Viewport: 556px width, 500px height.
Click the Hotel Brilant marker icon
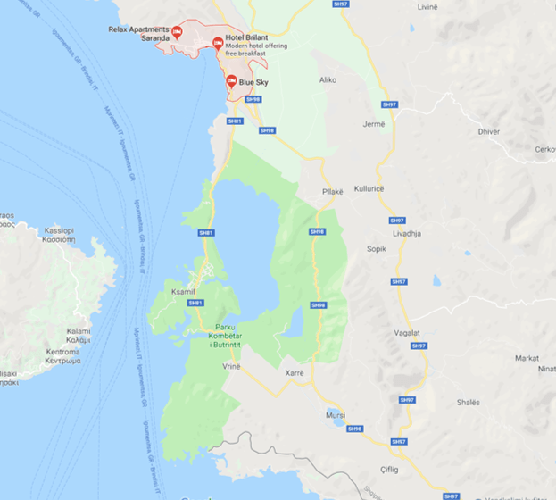[x=218, y=42]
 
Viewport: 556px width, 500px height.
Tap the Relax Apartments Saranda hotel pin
[x=177, y=33]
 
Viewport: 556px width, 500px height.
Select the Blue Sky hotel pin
[x=231, y=82]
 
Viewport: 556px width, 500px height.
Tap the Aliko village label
[x=328, y=79]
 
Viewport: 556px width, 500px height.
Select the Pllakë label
[x=333, y=191]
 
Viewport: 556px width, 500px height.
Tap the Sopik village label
[x=377, y=249]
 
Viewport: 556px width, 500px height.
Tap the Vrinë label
[x=232, y=366]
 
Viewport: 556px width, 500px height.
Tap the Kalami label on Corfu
[x=78, y=335]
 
